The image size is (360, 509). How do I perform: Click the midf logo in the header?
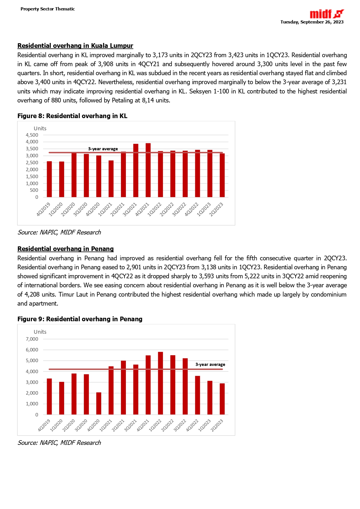(327, 14)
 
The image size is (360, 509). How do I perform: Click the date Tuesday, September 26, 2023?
(312, 22)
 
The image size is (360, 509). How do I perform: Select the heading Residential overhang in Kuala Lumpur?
(75, 46)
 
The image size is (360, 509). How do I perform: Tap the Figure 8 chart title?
(72, 116)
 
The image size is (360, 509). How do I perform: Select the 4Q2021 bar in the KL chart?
(148, 170)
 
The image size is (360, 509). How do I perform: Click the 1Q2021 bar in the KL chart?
(111, 179)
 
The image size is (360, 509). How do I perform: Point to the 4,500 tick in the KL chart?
(32, 135)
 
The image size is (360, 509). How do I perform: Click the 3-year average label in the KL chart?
(103, 149)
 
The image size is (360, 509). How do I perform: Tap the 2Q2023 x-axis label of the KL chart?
(216, 210)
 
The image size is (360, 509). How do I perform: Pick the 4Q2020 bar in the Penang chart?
(99, 403)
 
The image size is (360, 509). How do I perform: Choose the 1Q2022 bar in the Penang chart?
(160, 383)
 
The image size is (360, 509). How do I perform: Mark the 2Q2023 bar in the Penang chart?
(222, 399)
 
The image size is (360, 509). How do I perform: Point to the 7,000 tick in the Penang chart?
(32, 339)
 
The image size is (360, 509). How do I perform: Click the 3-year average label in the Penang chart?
(210, 364)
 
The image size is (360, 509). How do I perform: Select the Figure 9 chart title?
(80, 319)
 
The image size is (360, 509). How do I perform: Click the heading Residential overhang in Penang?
(66, 249)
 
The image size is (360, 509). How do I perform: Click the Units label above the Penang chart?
(40, 332)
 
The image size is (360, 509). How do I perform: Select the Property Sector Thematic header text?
(48, 9)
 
